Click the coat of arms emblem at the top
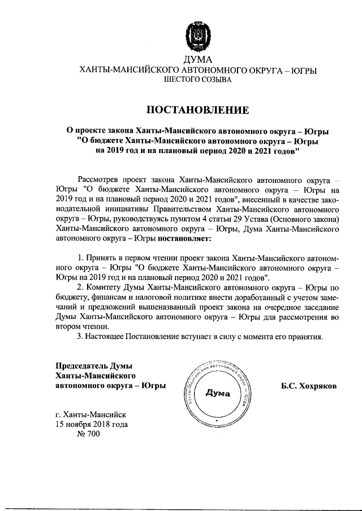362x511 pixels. [197, 37]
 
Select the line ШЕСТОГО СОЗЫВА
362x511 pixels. [197, 81]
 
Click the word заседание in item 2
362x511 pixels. [320, 307]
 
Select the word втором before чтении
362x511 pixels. [70, 327]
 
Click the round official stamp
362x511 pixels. [217, 395]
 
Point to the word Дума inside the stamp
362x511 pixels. [218, 395]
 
